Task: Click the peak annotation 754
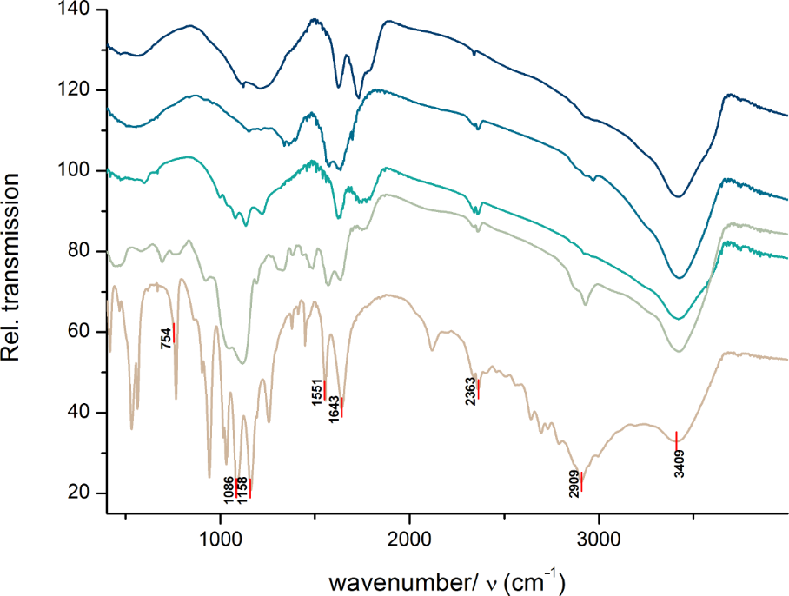166,339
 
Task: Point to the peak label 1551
319,393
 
